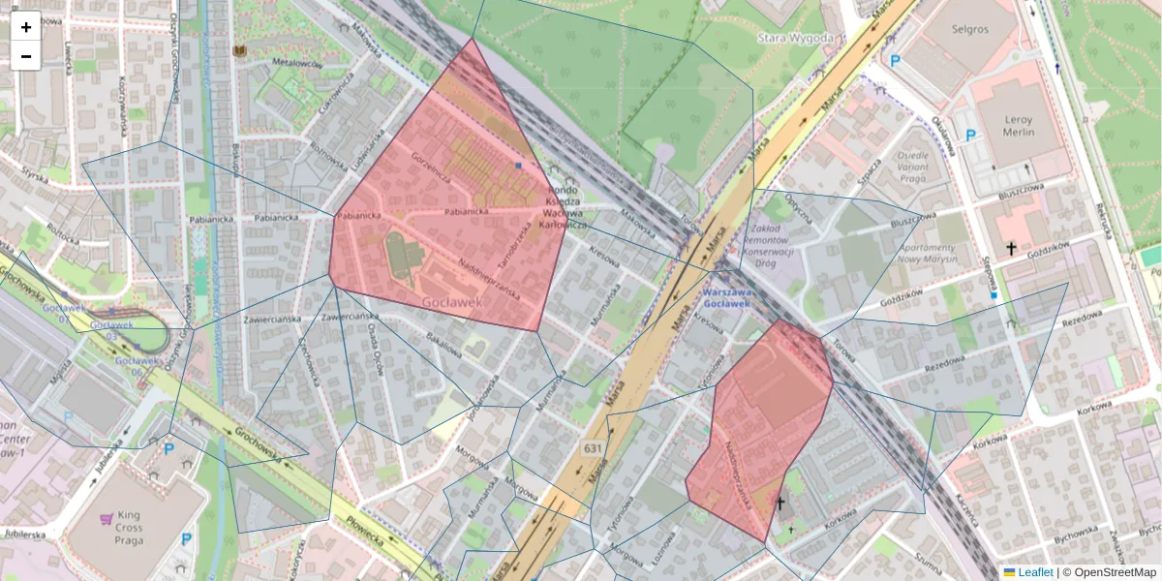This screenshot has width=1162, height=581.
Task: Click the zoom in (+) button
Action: tap(26, 27)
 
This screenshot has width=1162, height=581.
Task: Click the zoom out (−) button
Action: tap(26, 56)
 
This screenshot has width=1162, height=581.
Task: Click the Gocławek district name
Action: tap(452, 302)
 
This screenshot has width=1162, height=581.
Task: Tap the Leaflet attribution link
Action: tap(1035, 572)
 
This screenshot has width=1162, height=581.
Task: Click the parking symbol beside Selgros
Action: tap(895, 60)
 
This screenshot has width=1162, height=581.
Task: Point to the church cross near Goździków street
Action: tap(1011, 249)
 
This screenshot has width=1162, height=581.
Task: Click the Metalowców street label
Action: tap(296, 63)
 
